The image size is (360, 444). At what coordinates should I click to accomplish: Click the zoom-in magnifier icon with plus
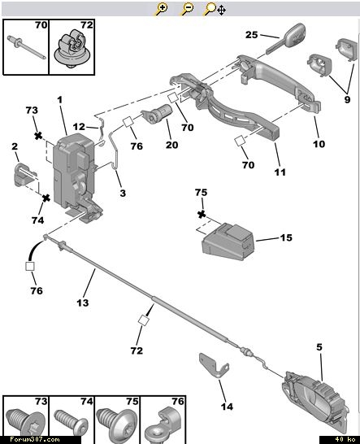[162, 9]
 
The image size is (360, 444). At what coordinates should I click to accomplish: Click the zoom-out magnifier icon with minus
[188, 9]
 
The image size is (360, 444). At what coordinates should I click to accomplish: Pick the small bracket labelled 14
[214, 366]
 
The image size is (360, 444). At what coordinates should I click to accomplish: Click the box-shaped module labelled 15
[228, 242]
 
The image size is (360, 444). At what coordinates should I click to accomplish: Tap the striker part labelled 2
[25, 175]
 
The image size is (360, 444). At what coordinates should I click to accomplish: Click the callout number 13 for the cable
[83, 303]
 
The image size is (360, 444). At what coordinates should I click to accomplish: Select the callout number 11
[280, 172]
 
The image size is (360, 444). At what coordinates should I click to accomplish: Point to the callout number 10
[319, 144]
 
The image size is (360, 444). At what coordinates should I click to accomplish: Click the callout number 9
[347, 100]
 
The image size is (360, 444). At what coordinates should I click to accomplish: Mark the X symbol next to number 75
[202, 215]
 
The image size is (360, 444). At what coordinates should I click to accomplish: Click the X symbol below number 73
[38, 136]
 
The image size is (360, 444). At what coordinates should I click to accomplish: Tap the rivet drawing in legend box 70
[26, 47]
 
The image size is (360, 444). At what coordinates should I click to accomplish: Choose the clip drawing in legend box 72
[72, 48]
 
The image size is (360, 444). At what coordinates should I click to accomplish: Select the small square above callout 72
[144, 320]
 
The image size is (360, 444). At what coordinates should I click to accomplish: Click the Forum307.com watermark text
[34, 439]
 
